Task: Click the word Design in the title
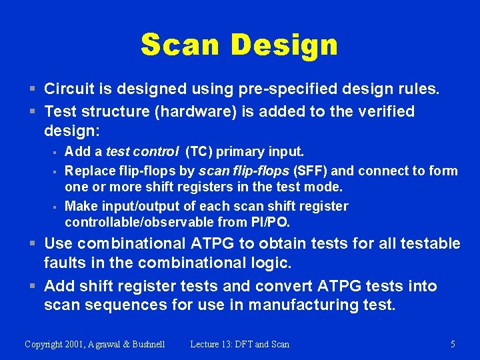[284, 45]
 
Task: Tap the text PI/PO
[268, 222]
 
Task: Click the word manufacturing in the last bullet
[304, 305]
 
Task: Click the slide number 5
[453, 345]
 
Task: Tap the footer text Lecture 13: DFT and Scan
[239, 345]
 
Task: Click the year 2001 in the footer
[74, 345]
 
